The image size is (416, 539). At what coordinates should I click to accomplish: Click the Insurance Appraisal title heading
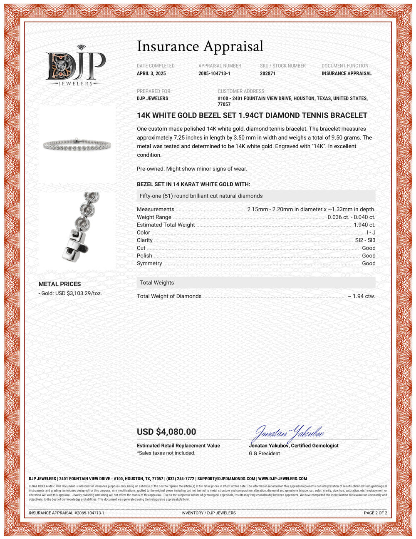coord(200,46)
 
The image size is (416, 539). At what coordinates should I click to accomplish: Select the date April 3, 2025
coord(151,73)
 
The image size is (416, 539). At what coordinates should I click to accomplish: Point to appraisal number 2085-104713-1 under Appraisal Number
coord(214,73)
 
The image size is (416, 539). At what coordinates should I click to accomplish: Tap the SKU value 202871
coord(267,73)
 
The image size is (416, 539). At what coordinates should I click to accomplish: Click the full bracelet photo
coord(77,145)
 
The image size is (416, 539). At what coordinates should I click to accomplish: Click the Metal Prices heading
coord(59,284)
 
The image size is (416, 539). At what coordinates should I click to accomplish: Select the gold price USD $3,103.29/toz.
coord(70,293)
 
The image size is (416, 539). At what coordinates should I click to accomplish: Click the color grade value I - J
coord(371,232)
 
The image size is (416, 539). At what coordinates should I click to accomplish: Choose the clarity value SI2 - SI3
coord(365,240)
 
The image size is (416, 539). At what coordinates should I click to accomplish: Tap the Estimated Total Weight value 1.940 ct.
coord(364,225)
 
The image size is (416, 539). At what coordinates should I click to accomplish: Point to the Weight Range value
coord(351,217)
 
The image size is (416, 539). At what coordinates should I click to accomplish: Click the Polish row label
coord(144,256)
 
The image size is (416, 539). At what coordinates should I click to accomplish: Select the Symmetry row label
coord(149,263)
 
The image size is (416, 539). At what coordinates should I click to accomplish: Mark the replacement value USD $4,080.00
coord(166,432)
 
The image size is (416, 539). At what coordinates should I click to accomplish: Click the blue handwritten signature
coord(289,434)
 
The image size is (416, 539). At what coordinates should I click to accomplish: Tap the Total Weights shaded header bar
coord(256,282)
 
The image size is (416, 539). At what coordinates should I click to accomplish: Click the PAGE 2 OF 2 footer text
coord(375,513)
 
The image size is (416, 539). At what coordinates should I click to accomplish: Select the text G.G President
coord(264,453)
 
